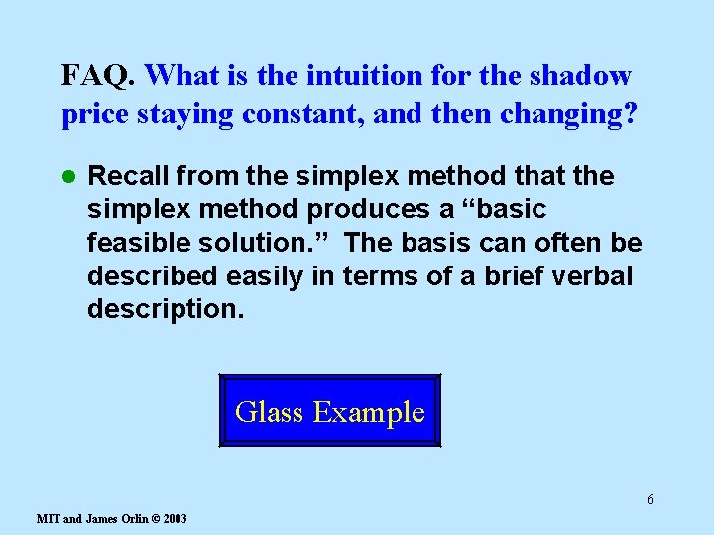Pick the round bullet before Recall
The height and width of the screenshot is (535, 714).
pos(68,178)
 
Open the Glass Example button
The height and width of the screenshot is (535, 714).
pos(329,411)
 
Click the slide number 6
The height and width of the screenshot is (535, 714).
pos(650,499)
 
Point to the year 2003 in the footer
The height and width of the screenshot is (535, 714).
pos(174,519)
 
